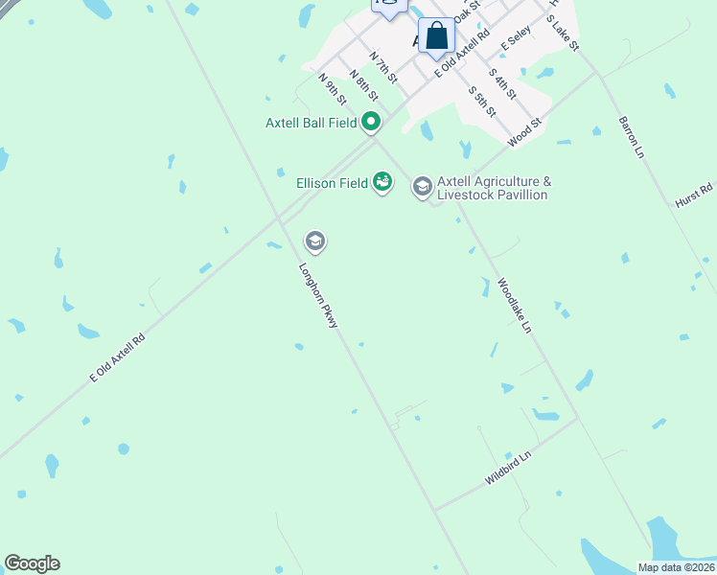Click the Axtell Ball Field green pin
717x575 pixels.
pyautogui.click(x=372, y=122)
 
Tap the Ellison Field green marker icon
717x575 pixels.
pyautogui.click(x=382, y=181)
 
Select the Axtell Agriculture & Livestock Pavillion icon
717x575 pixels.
pyautogui.click(x=422, y=187)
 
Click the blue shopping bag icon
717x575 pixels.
pyautogui.click(x=436, y=36)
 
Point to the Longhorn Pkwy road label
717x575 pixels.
pyautogui.click(x=319, y=296)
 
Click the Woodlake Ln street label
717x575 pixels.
pyautogui.click(x=514, y=306)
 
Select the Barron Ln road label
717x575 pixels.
pyautogui.click(x=630, y=136)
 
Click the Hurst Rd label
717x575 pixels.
pyautogui.click(x=694, y=195)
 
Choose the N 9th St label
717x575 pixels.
pyautogui.click(x=332, y=89)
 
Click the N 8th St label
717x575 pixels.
pyautogui.click(x=363, y=84)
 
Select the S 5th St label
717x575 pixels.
pyautogui.click(x=481, y=101)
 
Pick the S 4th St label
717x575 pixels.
pyautogui.click(x=502, y=83)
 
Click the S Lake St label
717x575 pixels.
pyautogui.click(x=563, y=33)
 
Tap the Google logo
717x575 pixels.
pyautogui.click(x=32, y=563)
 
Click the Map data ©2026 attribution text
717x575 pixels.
pyautogui.click(x=676, y=567)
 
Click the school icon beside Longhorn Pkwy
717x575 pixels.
pyautogui.click(x=314, y=241)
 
